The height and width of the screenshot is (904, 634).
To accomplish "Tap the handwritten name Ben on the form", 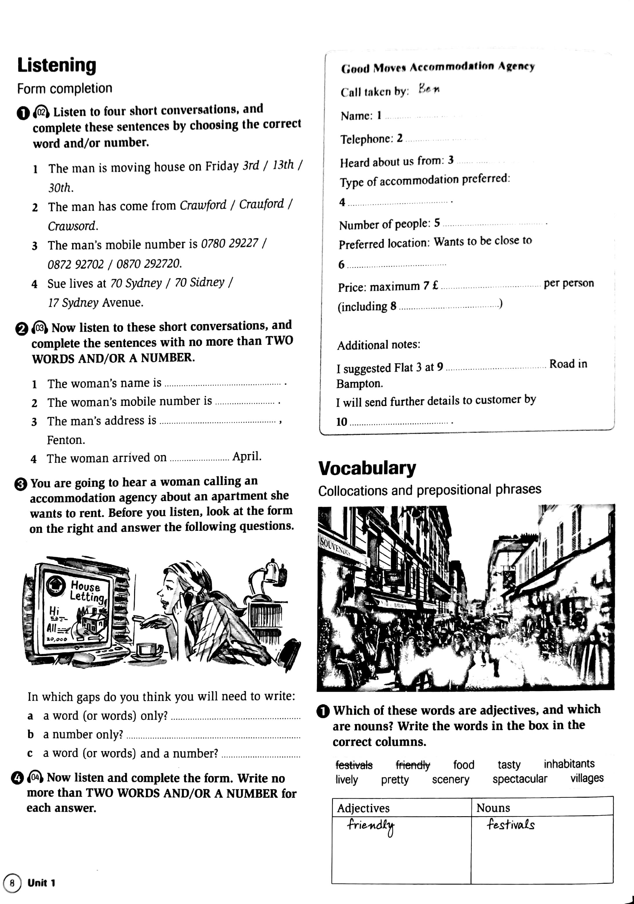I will point(429,89).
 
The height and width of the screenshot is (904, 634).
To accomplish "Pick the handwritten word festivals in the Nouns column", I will point(510,824).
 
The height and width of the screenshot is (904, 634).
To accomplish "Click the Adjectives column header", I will point(363,808).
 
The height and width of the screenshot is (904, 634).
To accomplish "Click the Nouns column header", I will point(493,808).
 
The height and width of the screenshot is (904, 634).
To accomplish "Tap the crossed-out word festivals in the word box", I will point(354,765).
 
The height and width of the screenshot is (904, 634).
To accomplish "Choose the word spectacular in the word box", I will point(520,779).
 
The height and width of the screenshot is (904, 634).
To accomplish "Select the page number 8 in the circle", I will point(12,883).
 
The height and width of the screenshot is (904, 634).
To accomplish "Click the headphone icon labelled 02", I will point(41,112).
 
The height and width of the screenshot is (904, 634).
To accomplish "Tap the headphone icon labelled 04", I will point(35,778).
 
